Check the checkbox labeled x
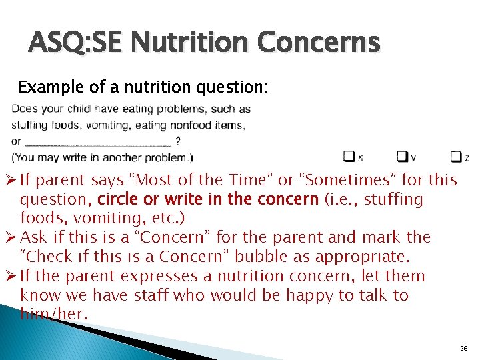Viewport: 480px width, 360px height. pyautogui.click(x=349, y=156)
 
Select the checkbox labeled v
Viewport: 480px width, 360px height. pyautogui.click(x=402, y=156)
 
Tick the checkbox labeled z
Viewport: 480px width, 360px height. pyautogui.click(x=455, y=156)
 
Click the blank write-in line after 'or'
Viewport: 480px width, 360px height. pyautogui.click(x=97, y=141)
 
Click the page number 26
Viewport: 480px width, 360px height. pyautogui.click(x=463, y=349)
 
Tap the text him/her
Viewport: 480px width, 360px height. pyautogui.click(x=53, y=314)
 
